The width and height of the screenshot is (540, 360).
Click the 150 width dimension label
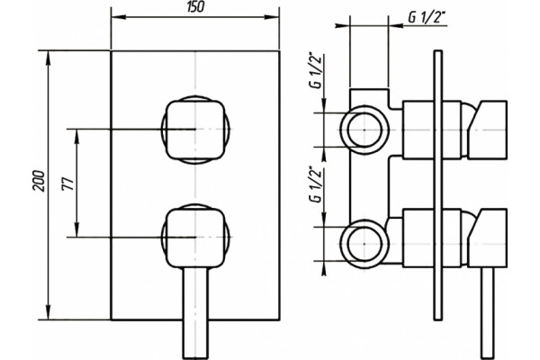click(x=195, y=7)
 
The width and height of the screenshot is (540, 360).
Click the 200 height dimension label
click(x=39, y=181)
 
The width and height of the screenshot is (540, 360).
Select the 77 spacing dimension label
click(x=68, y=184)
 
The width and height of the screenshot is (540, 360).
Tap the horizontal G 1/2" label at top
click(x=427, y=18)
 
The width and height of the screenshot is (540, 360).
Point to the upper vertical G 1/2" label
click(x=317, y=70)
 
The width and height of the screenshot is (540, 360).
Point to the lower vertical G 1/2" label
click(x=316, y=184)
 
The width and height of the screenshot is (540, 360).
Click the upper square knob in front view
click(x=195, y=130)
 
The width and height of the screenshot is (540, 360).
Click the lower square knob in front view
click(x=195, y=238)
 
